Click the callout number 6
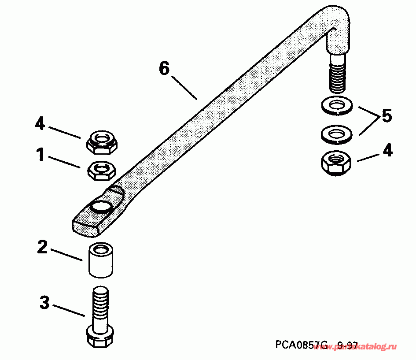pyautogui.click(x=164, y=69)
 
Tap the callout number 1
pyautogui.click(x=40, y=155)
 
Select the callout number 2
pyautogui.click(x=42, y=247)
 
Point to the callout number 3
pyautogui.click(x=44, y=303)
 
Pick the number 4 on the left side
pyautogui.click(x=40, y=124)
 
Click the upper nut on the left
pyautogui.click(x=102, y=142)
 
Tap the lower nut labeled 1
pyautogui.click(x=102, y=170)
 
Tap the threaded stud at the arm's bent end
pyautogui.click(x=337, y=73)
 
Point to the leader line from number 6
pyautogui.click(x=184, y=88)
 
